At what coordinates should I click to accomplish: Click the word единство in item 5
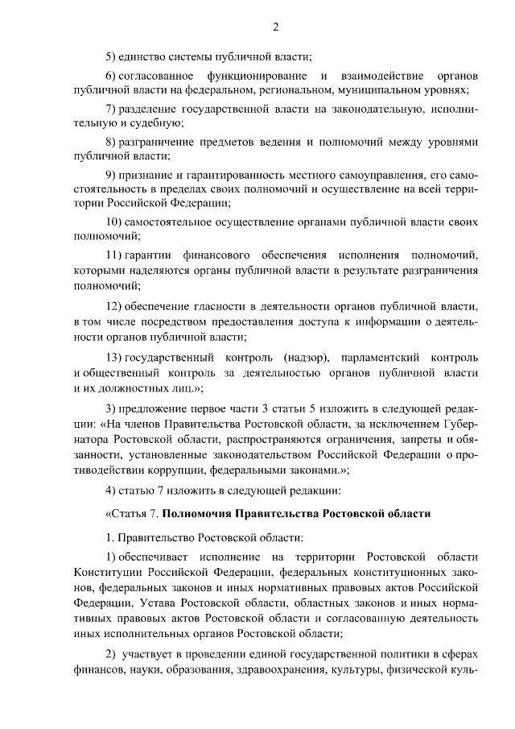(x=144, y=56)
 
